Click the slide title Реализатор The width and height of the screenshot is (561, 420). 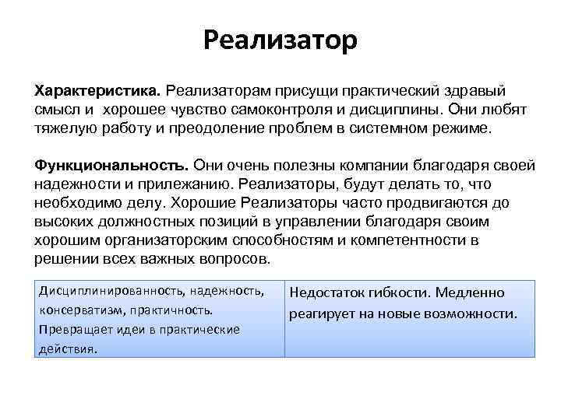pos(280,38)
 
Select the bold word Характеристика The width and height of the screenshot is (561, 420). pos(94,93)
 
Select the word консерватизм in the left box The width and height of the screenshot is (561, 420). pos(80,310)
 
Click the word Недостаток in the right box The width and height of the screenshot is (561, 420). pos(326,294)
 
